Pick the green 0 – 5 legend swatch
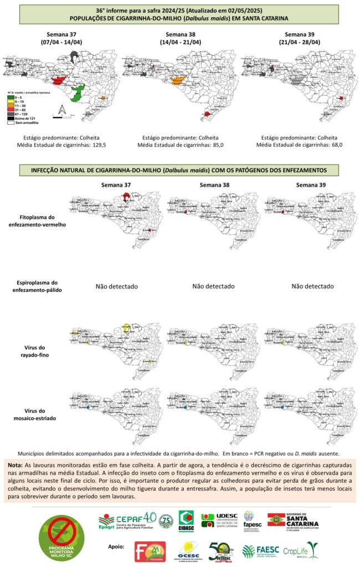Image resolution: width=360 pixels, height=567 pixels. click(11, 97)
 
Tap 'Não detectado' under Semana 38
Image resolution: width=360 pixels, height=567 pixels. click(213, 286)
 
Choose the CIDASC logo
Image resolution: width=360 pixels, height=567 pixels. click(186, 521)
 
